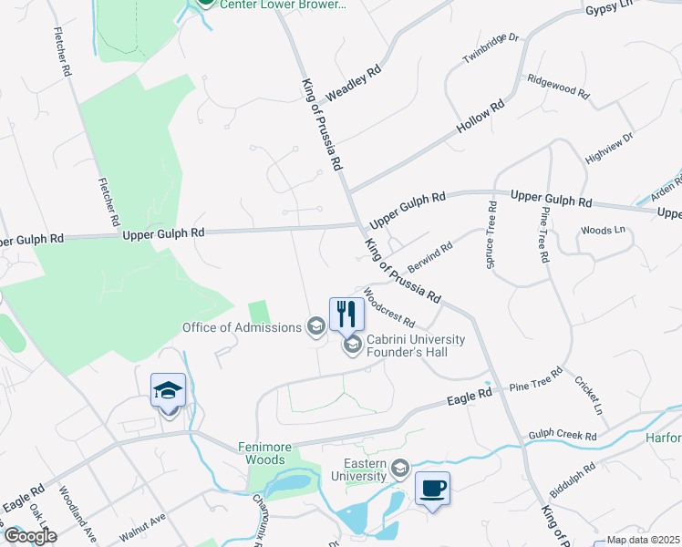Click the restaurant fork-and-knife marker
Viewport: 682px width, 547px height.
click(x=346, y=315)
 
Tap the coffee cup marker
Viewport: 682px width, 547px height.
click(x=432, y=488)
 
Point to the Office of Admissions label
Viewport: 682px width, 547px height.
click(x=242, y=327)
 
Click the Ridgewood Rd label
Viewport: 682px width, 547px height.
click(x=558, y=87)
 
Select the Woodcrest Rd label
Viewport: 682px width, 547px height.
click(x=389, y=310)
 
